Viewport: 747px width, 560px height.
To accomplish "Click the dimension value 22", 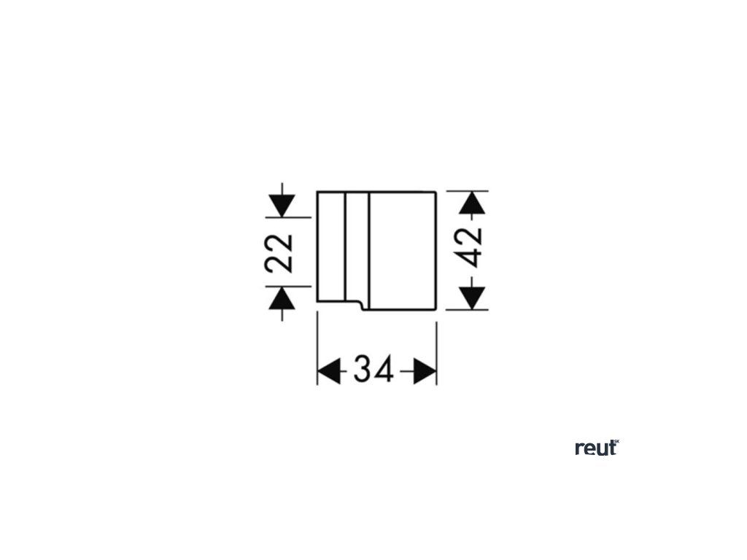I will (279, 252).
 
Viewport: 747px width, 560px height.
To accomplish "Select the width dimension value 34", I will (373, 370).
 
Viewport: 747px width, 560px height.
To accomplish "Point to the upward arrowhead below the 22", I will (282, 298).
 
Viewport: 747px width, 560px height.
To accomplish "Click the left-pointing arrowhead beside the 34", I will (330, 370).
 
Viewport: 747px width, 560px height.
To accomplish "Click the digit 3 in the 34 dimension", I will (363, 370).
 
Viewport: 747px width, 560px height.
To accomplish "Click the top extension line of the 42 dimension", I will (467, 191).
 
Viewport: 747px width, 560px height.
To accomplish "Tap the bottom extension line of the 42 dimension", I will (467, 309).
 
